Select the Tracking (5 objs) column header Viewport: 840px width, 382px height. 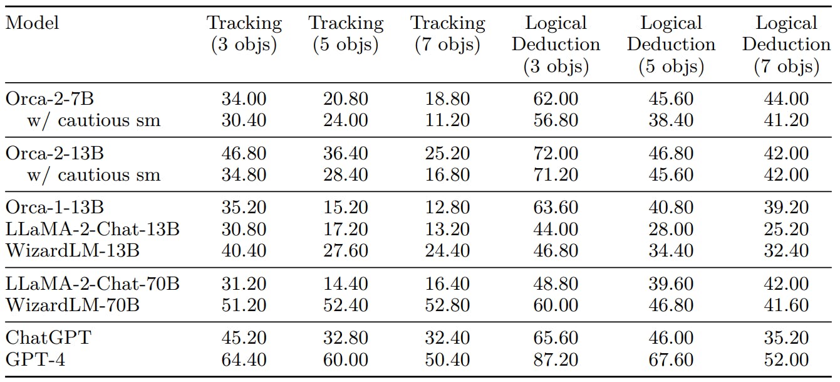[x=346, y=34]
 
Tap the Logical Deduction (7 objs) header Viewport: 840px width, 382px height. [x=786, y=45]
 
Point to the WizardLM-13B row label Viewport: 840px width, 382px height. [x=73, y=251]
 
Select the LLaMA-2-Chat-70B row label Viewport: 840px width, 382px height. [x=93, y=284]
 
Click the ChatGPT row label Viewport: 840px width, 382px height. [x=48, y=339]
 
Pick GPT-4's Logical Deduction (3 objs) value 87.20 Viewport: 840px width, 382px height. [x=556, y=360]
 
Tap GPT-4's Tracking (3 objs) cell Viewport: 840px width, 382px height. [x=244, y=360]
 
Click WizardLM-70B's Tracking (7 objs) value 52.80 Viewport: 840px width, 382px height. [x=448, y=305]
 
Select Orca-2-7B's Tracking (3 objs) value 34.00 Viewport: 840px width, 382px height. [x=244, y=99]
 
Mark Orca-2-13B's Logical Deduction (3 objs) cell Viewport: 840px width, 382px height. [x=556, y=154]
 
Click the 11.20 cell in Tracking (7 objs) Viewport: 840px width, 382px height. [x=448, y=120]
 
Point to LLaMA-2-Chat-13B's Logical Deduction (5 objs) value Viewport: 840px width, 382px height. [x=671, y=230]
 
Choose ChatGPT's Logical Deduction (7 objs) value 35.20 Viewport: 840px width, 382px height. [x=786, y=339]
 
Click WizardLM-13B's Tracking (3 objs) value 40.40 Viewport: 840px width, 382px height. [x=244, y=251]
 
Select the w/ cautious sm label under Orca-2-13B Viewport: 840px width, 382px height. [x=94, y=175]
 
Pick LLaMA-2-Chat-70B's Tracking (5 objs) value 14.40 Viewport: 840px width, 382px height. [x=346, y=284]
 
